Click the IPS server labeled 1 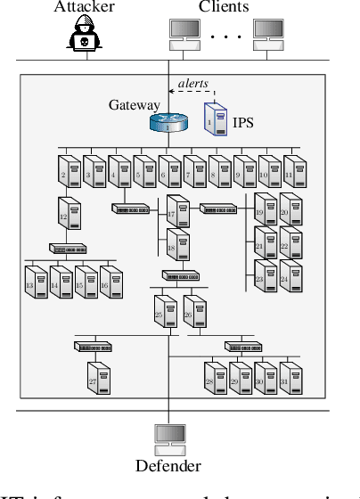tap(214, 119)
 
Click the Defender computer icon tap(168, 438)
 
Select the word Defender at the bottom tap(168, 466)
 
